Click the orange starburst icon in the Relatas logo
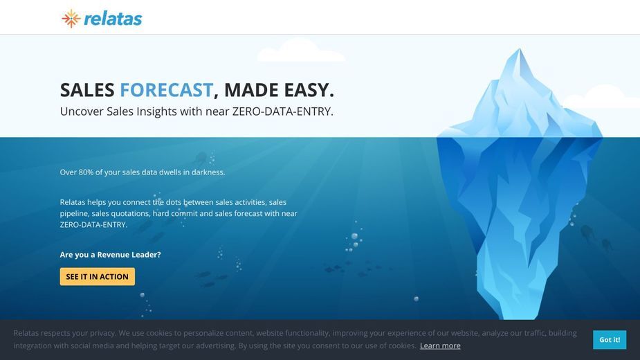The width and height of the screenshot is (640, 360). [71, 19]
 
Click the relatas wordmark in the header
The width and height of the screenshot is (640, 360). [113, 19]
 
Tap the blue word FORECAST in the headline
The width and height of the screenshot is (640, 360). [166, 90]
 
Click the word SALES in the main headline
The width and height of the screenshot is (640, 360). [87, 90]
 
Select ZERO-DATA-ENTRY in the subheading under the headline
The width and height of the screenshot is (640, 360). [282, 111]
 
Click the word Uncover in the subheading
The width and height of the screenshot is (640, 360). [82, 111]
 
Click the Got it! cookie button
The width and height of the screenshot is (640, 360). [610, 339]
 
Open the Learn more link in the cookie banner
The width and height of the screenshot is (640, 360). [440, 345]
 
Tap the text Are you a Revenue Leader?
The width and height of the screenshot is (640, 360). [110, 255]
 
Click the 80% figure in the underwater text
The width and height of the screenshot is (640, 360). [86, 172]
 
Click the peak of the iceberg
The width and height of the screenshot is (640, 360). [519, 49]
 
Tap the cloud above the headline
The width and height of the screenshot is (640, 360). [301, 51]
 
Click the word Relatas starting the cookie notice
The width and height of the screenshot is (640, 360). [26, 333]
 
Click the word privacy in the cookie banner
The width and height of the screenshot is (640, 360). [103, 334]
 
